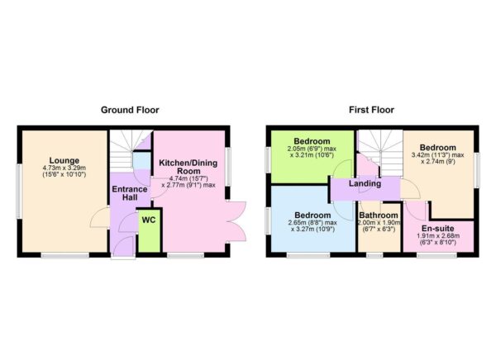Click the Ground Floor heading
coord(130,110)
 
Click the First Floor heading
coord(371,110)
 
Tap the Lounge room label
coord(64,160)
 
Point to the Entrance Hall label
coord(130,196)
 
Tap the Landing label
coord(364,183)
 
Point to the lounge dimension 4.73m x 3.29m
coord(64,169)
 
